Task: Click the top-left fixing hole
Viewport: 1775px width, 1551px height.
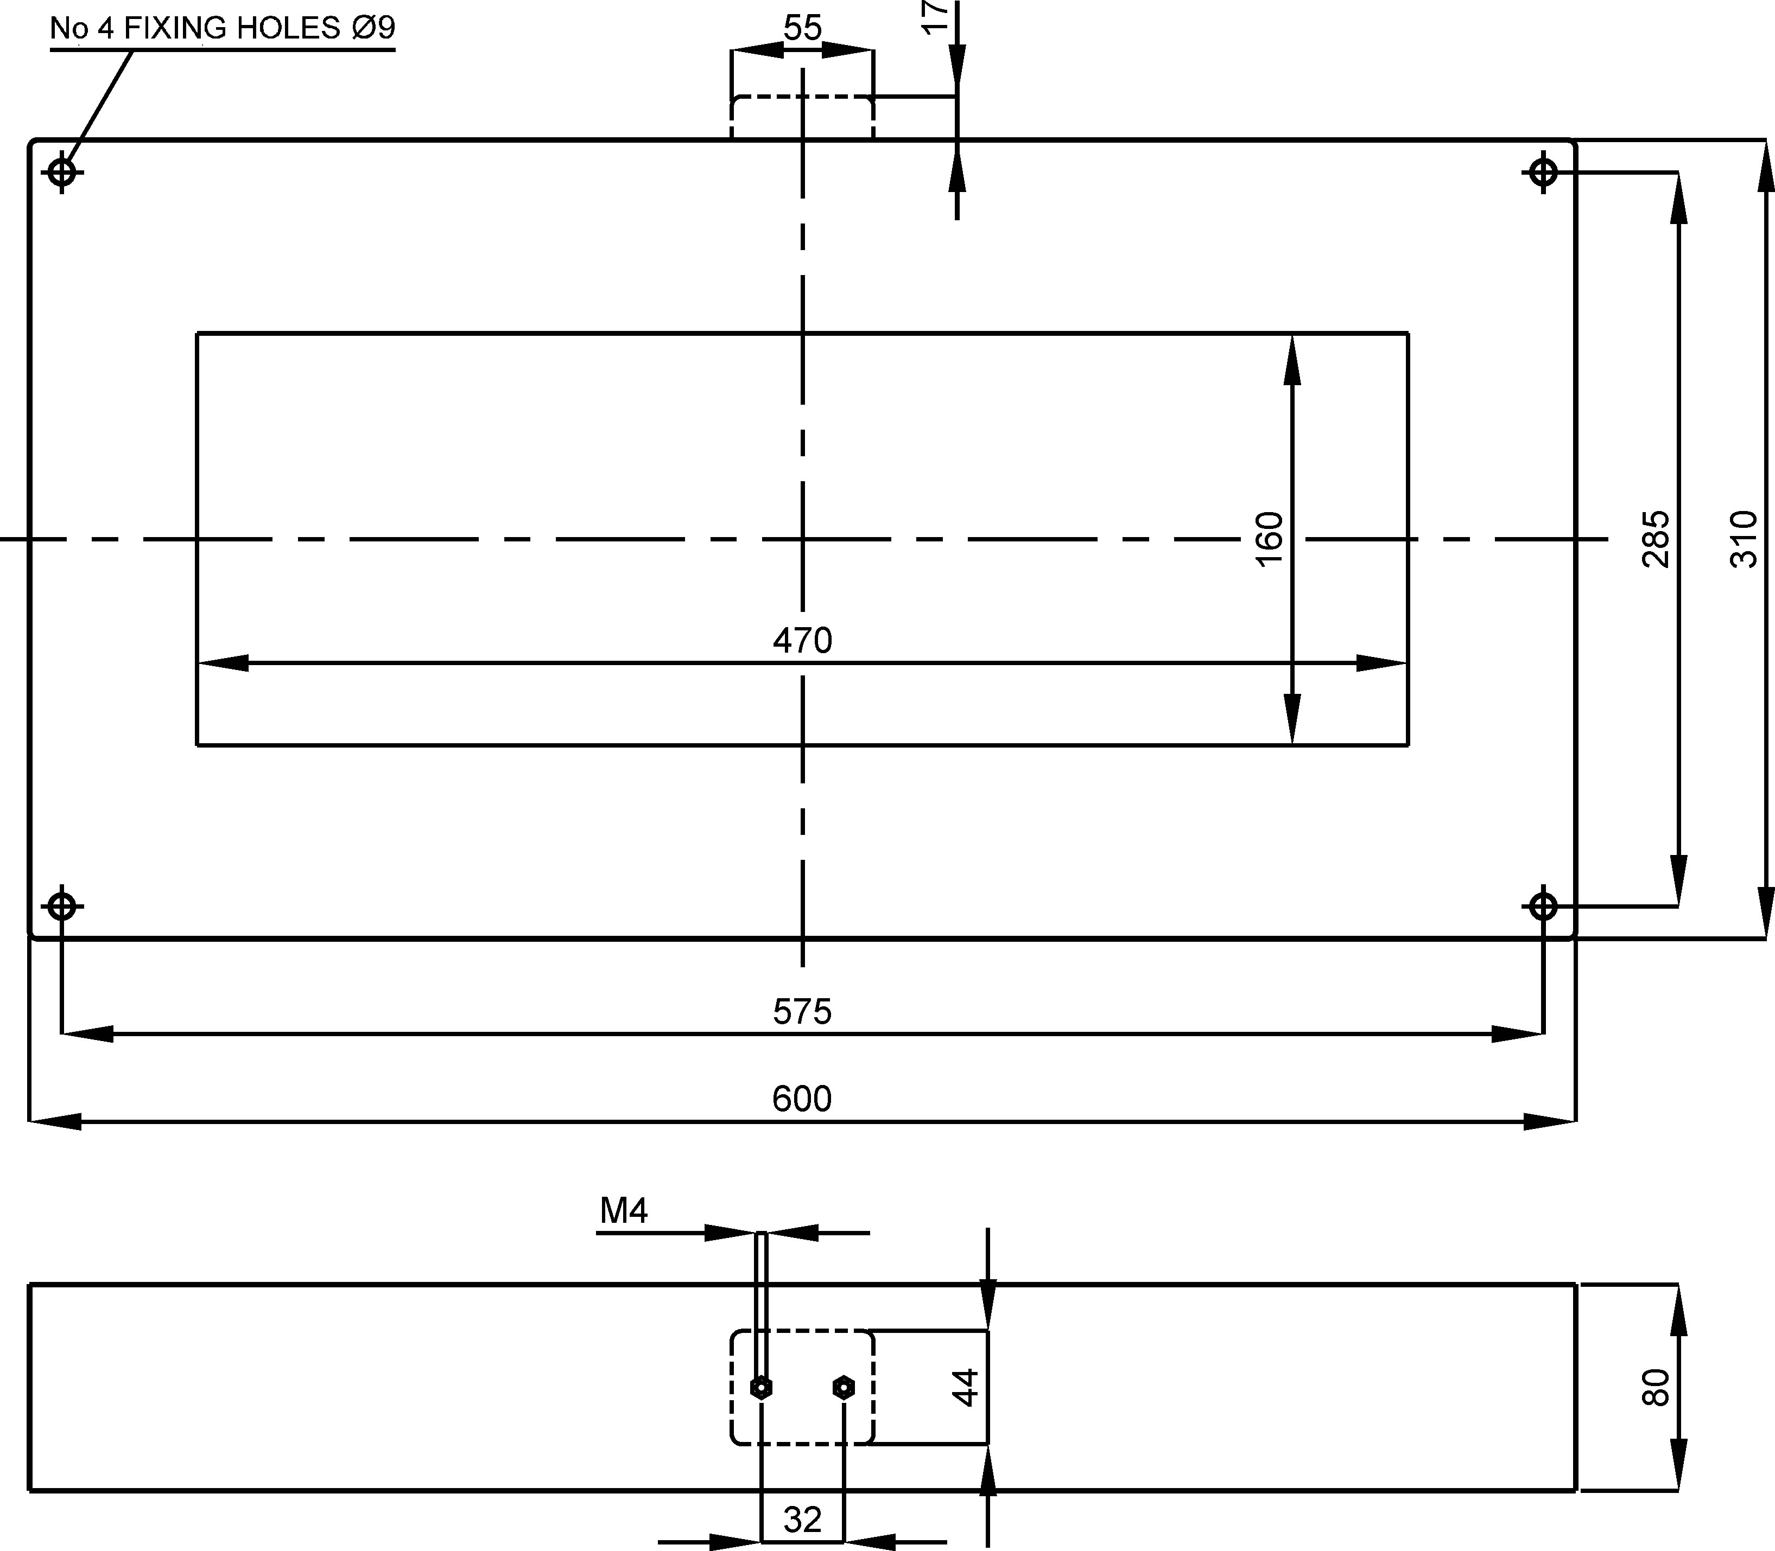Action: click(x=61, y=172)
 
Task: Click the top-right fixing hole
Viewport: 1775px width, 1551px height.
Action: click(x=1543, y=172)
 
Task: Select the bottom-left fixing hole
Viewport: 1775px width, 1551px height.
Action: click(x=61, y=906)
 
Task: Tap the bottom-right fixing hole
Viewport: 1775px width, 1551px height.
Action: click(x=1543, y=906)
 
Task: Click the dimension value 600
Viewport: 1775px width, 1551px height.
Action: click(x=802, y=1099)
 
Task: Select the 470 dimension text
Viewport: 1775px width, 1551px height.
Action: click(x=802, y=641)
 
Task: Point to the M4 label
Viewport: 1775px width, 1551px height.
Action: click(x=623, y=1212)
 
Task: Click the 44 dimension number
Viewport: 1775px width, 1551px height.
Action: click(x=965, y=1387)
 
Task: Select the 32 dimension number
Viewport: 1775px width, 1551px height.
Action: click(x=802, y=1519)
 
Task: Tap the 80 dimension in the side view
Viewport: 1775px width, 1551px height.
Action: click(x=1656, y=1387)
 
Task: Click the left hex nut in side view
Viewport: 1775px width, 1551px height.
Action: click(x=761, y=1387)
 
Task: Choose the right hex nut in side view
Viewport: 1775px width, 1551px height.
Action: click(x=844, y=1387)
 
